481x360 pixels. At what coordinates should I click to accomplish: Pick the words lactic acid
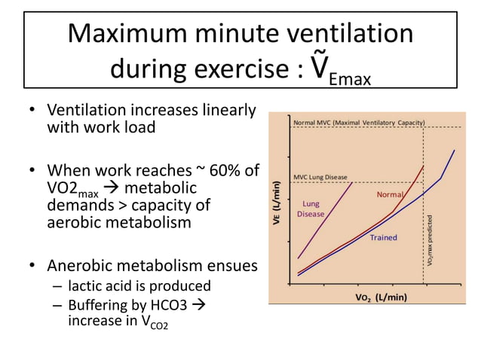[97, 286]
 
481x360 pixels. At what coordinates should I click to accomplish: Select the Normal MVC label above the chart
[359, 122]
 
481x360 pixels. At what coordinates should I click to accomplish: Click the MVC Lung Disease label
[320, 177]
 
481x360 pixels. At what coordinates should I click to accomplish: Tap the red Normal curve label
[390, 195]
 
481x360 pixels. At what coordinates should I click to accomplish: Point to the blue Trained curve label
[383, 238]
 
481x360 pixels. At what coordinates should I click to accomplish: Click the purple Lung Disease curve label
[311, 209]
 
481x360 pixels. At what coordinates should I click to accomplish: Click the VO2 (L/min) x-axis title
[381, 296]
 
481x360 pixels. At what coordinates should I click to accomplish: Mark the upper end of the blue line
[455, 150]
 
